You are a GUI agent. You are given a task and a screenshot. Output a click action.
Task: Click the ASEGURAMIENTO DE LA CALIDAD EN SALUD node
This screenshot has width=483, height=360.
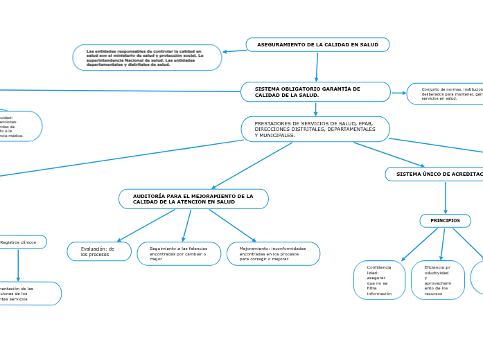point(317,45)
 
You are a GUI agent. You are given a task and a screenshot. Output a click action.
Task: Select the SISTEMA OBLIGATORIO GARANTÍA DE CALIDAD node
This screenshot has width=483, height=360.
point(315,92)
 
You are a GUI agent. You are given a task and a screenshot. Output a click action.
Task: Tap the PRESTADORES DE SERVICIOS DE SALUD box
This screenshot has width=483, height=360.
point(315,129)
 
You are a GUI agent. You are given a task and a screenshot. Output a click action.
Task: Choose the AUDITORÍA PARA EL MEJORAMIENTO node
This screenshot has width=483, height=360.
point(193,199)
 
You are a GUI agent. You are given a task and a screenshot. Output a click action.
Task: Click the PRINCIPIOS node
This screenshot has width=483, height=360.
point(445,221)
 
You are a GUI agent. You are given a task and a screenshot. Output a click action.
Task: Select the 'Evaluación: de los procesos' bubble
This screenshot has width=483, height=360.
point(99,251)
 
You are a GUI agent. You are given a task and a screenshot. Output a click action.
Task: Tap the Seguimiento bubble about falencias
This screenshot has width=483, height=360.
point(179,253)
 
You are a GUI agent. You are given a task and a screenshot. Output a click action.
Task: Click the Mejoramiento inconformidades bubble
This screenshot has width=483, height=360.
point(273,253)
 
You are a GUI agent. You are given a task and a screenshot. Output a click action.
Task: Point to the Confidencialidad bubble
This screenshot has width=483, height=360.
point(379,280)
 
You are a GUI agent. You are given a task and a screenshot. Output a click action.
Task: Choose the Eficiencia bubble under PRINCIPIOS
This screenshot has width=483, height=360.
point(437,280)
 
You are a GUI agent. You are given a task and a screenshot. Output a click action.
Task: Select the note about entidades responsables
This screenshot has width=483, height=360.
point(147,57)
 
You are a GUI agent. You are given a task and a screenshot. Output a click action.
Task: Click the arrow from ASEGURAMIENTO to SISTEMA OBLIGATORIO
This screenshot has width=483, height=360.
point(317,66)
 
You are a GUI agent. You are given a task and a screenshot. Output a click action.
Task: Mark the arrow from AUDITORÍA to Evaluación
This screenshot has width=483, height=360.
point(146,225)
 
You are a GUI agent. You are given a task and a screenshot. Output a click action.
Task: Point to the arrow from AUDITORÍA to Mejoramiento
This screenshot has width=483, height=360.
point(232,225)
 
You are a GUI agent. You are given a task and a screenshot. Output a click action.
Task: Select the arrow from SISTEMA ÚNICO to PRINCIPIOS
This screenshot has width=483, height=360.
point(446,197)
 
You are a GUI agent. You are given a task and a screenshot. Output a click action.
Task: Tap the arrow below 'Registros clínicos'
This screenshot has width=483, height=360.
point(18,264)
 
